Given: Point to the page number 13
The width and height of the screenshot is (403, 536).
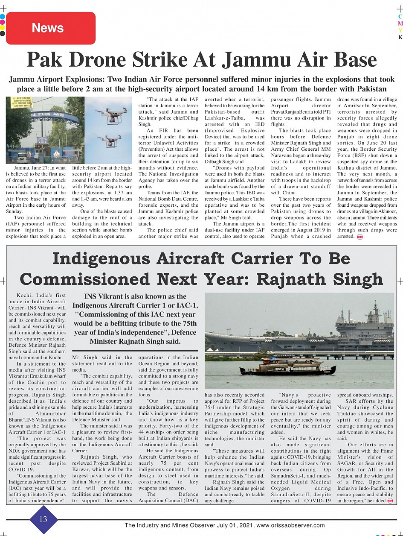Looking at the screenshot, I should tap(43, 519).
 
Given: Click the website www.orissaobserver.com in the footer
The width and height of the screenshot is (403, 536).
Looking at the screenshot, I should tap(290, 525).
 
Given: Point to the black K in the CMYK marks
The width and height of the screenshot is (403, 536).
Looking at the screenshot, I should tap(400, 37).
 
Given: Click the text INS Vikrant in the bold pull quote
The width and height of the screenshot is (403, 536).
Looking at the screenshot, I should tap(104, 296).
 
